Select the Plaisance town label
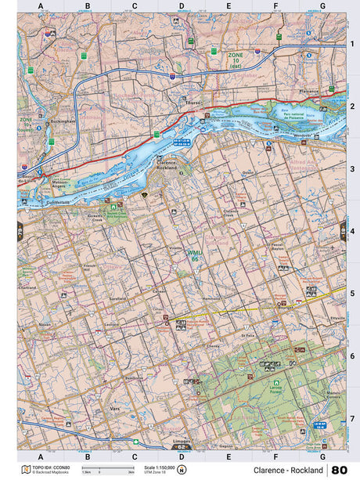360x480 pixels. click(x=310, y=90)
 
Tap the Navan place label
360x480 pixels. click(x=44, y=323)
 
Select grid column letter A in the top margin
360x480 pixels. click(x=40, y=6)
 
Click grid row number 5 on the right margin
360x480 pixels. click(x=352, y=294)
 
